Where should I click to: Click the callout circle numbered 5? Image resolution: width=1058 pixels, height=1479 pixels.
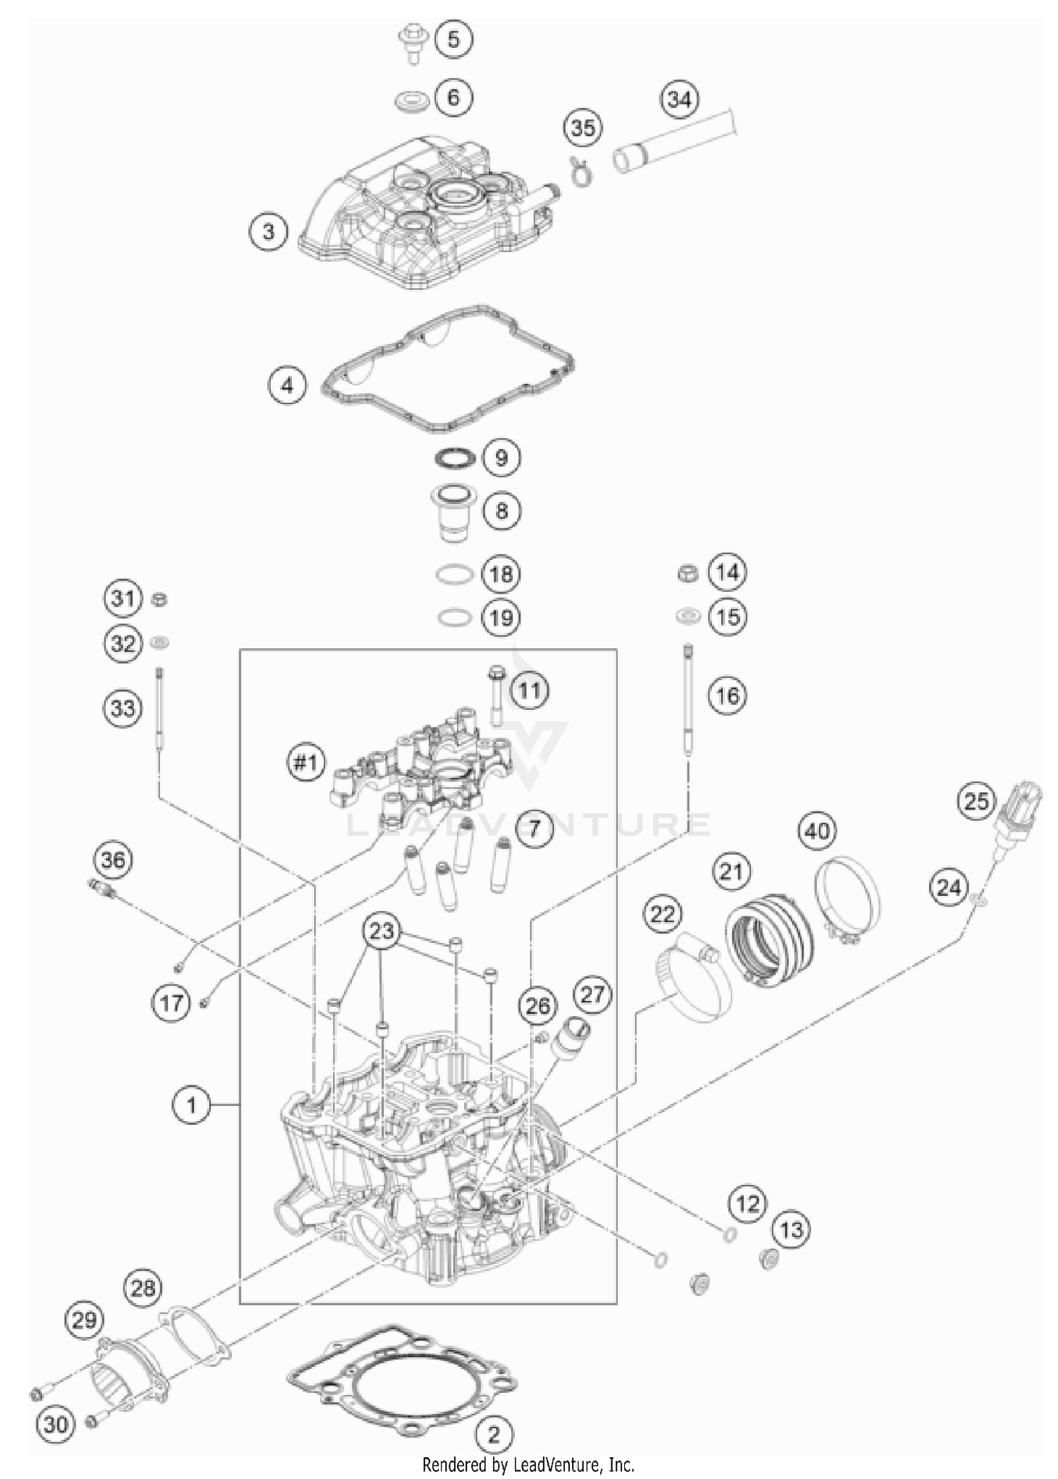(x=453, y=39)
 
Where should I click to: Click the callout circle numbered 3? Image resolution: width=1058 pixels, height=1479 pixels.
(x=268, y=231)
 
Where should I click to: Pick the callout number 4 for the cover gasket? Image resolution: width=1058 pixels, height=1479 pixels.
(x=286, y=386)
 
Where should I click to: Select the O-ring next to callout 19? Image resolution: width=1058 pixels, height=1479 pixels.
(x=454, y=618)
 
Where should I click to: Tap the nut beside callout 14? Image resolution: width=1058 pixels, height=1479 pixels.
(x=687, y=573)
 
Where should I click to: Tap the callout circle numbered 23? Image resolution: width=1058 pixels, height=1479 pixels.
(x=382, y=931)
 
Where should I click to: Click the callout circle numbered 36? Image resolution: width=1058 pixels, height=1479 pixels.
(x=113, y=860)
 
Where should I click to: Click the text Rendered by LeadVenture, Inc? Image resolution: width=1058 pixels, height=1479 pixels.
(x=528, y=1465)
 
